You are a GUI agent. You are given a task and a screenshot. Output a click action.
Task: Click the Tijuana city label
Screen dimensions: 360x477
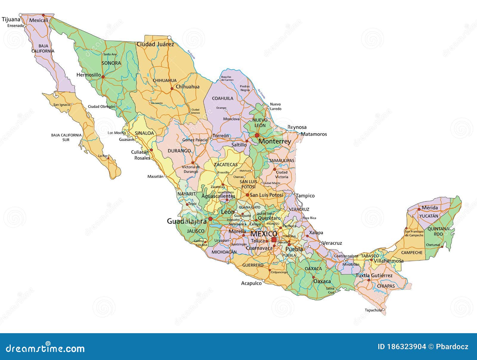(11, 20)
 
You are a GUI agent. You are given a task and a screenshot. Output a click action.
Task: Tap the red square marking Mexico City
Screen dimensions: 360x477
(274, 240)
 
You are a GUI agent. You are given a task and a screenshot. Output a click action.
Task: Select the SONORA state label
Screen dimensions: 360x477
(111, 63)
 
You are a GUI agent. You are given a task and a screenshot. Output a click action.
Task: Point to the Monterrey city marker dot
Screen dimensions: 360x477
(257, 136)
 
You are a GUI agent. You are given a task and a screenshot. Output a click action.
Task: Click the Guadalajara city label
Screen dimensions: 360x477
(187, 221)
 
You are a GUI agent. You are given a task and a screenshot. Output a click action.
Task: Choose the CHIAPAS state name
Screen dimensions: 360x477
(386, 286)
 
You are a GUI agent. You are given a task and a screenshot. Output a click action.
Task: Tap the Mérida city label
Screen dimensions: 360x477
(430, 208)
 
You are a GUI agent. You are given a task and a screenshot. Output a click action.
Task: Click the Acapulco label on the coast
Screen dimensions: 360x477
(251, 283)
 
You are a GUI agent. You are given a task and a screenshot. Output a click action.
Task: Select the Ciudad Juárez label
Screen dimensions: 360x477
(155, 44)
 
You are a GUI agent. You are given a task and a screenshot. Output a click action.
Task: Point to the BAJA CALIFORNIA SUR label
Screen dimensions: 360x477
(66, 137)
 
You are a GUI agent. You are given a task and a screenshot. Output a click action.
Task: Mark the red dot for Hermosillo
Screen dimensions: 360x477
(103, 77)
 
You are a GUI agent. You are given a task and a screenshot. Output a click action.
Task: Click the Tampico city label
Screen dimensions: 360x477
(305, 196)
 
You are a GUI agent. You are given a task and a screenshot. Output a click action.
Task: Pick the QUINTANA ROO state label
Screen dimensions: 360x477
(438, 232)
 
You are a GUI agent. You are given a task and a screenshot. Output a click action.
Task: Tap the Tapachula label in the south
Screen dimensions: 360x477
(373, 310)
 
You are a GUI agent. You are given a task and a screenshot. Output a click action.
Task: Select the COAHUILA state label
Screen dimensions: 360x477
(222, 98)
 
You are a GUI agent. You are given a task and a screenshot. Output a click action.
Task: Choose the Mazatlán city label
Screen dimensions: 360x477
(156, 176)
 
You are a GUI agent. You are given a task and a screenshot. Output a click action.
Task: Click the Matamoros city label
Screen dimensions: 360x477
(314, 134)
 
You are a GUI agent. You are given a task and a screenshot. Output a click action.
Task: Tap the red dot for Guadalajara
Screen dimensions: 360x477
(210, 219)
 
